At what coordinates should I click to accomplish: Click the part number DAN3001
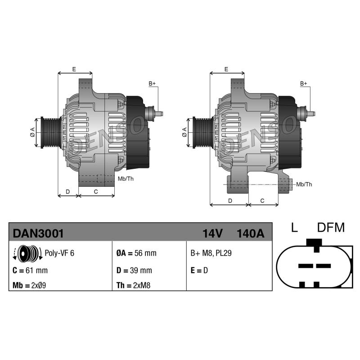(38, 234)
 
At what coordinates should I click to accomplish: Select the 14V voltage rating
(212, 234)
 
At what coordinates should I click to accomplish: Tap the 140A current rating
(250, 234)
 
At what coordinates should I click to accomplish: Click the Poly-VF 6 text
(59, 253)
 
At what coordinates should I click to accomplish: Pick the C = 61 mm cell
(30, 270)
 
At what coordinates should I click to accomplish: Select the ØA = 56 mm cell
(136, 253)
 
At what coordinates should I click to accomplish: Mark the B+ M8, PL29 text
(211, 253)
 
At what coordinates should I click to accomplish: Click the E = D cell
(199, 270)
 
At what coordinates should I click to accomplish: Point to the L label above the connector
(294, 228)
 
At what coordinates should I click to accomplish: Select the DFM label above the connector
(331, 228)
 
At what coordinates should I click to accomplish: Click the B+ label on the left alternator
(152, 84)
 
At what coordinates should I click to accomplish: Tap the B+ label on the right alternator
(304, 84)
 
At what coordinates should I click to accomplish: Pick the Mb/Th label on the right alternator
(304, 184)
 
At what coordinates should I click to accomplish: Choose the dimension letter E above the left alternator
(74, 69)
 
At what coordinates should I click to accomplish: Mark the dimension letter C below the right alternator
(262, 201)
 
